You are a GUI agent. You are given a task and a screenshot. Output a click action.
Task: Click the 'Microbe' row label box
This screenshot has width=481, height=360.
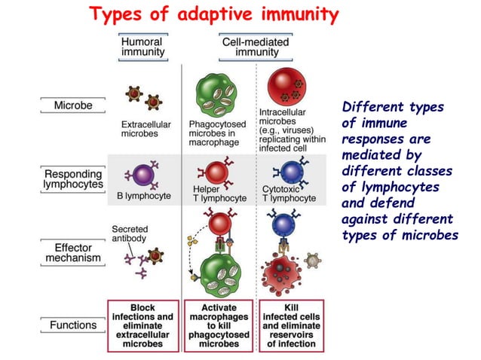coord(73,105)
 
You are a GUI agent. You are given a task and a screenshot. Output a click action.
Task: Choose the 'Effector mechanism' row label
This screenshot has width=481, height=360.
coord(73,252)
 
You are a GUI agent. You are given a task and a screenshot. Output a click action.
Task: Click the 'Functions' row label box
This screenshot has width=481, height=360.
coord(73,325)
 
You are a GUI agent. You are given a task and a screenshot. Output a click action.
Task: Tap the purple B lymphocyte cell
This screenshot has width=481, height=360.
coord(142,175)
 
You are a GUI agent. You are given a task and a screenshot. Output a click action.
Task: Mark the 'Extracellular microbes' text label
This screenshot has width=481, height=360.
coord(146,129)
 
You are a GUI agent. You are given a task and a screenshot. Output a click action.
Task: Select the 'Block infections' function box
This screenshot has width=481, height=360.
coord(142,325)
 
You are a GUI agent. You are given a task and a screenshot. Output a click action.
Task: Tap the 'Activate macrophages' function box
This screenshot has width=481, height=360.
coord(219,325)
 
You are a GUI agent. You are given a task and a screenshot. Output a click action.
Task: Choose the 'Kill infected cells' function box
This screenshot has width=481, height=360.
coord(292,325)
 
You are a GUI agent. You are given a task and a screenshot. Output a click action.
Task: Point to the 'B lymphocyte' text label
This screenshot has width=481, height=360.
coord(146,196)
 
